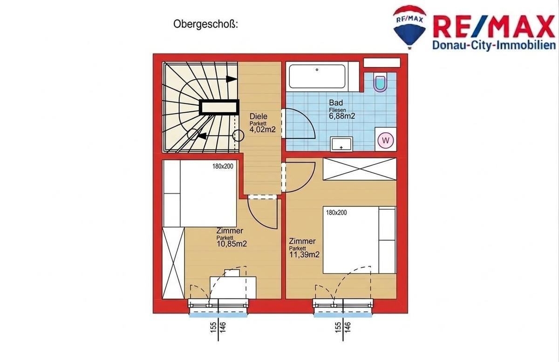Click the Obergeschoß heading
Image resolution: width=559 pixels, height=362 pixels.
(205, 25)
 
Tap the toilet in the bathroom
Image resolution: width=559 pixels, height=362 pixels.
(380, 82)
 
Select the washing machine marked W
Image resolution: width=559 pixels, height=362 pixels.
(386, 140)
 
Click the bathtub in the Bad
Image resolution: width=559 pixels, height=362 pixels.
(317, 76)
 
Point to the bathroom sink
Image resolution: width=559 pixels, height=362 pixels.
(341, 144)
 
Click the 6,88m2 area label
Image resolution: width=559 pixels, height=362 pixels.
(342, 116)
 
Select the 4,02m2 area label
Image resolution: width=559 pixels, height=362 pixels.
(263, 130)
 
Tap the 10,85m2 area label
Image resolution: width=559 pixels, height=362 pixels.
(232, 244)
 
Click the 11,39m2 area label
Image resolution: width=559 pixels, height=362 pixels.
(304, 254)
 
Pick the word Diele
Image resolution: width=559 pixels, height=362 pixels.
(258, 116)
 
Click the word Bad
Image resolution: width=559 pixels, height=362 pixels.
(336, 102)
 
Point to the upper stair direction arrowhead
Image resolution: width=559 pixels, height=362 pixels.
(232, 79)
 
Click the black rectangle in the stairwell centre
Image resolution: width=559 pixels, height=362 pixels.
(219, 107)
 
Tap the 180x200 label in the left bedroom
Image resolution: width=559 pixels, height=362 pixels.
(223, 166)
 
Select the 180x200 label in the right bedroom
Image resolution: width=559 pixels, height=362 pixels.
(336, 212)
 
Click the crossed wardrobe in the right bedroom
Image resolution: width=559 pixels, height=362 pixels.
(360, 169)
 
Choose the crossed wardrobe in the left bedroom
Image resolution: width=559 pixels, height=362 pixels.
(173, 263)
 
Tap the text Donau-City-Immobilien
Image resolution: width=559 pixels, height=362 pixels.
(494, 46)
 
